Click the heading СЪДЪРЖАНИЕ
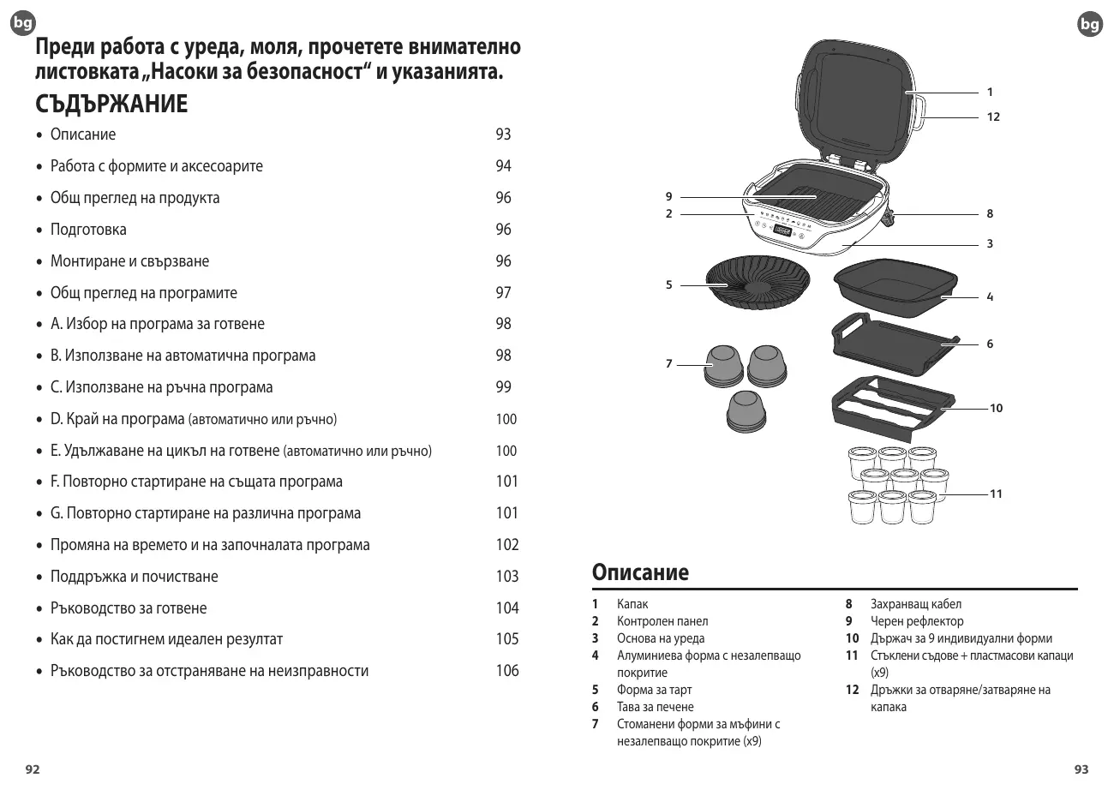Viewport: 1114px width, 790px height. [x=111, y=105]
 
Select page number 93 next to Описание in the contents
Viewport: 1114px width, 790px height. [x=503, y=135]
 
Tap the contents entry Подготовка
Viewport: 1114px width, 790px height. [x=88, y=230]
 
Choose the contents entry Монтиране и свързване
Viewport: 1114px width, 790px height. [x=129, y=261]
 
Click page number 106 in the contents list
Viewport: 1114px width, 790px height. [x=507, y=671]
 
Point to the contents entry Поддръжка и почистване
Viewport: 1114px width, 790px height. [x=135, y=577]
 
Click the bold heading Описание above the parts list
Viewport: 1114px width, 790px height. [x=640, y=572]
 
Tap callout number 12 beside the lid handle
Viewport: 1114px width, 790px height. [x=992, y=117]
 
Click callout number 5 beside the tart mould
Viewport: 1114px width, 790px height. [x=669, y=285]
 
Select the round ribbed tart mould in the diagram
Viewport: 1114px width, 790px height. [x=758, y=283]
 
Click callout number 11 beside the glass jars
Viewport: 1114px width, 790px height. [x=996, y=494]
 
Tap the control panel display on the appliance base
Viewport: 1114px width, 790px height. [x=782, y=229]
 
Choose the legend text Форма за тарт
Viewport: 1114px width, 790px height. [x=654, y=690]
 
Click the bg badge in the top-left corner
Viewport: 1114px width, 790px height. [x=23, y=25]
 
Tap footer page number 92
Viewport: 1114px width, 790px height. [x=32, y=769]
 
